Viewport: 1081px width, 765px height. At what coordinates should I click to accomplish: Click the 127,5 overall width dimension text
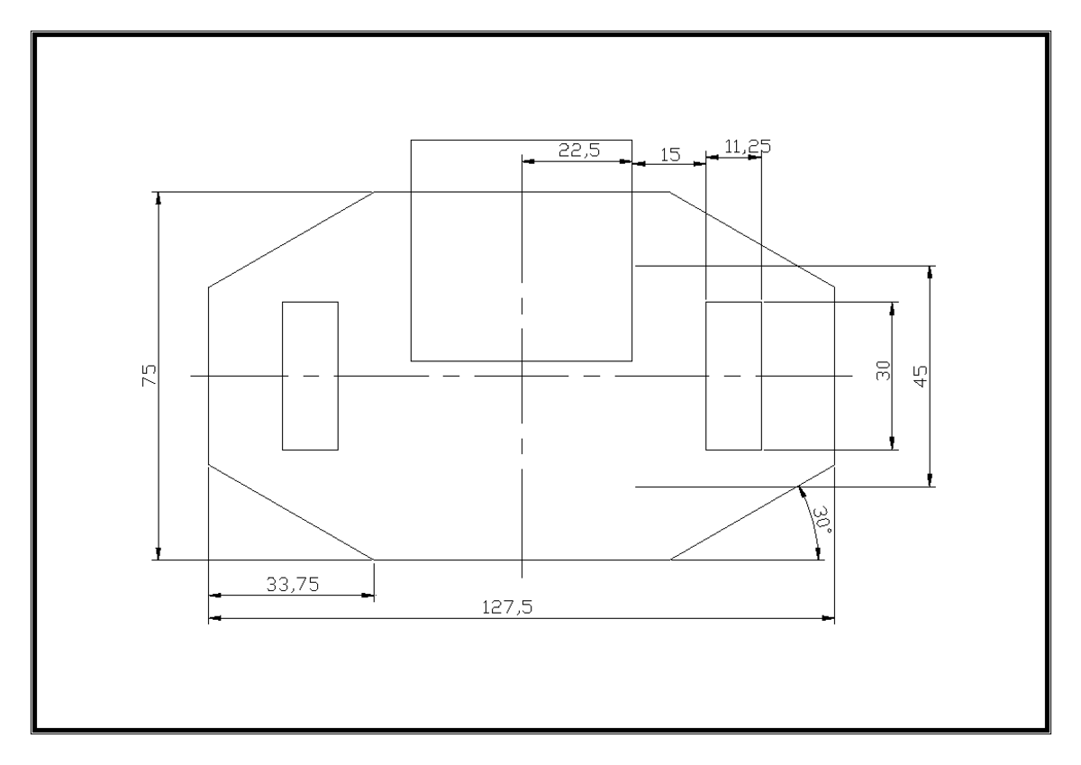[x=514, y=608]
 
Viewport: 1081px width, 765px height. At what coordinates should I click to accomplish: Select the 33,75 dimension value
[x=291, y=585]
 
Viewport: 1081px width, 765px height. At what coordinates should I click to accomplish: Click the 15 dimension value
[x=669, y=154]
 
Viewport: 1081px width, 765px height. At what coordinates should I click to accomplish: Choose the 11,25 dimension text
[x=748, y=146]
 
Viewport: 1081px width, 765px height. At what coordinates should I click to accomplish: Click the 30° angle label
[x=822, y=520]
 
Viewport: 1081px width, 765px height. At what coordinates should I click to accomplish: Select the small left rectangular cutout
[x=310, y=376]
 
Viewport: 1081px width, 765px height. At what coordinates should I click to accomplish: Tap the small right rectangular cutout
[x=733, y=376]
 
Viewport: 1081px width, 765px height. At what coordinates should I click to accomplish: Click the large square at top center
[x=521, y=250]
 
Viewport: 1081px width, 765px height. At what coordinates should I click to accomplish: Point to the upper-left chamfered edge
[x=291, y=240]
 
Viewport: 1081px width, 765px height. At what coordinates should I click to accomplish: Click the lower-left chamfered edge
[x=291, y=513]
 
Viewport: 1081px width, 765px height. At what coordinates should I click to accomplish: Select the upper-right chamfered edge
[x=751, y=240]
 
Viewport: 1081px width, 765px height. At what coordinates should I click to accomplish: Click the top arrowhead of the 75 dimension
[x=159, y=198]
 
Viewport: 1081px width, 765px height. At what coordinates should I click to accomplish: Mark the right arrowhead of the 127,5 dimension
[x=828, y=618]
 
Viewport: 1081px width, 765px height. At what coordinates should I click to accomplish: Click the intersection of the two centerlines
[x=522, y=376]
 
